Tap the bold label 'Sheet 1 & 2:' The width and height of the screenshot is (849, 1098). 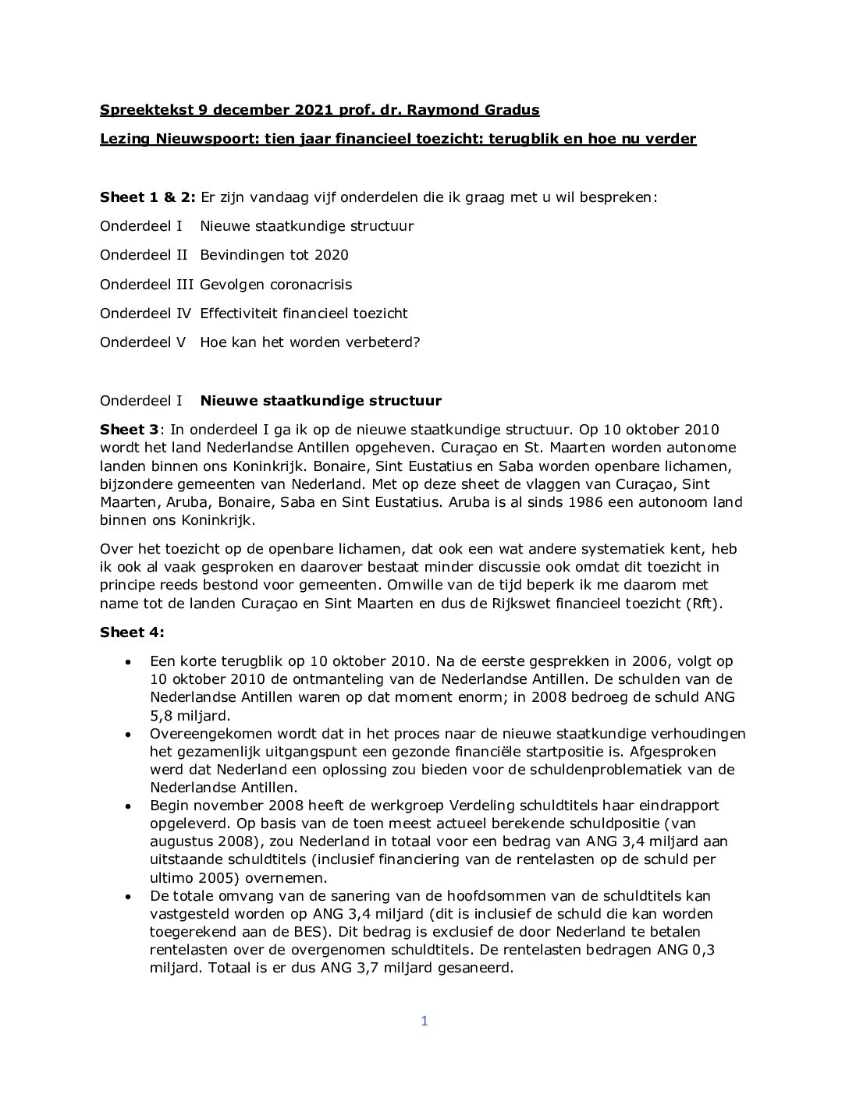147,197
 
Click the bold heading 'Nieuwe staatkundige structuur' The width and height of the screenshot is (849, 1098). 321,401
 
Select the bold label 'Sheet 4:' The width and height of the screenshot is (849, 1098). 132,632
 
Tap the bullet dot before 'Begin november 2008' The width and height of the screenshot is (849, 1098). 129,806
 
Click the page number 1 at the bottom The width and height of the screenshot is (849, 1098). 424,1022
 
